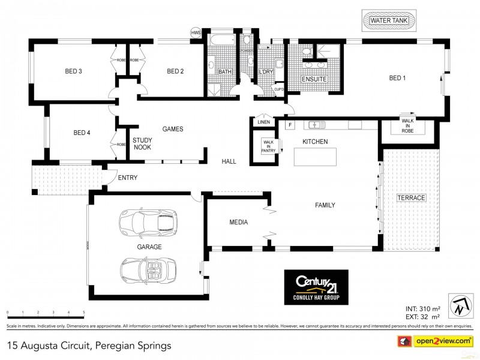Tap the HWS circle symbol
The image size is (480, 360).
pos(196,33)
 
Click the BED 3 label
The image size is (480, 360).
pos(73,72)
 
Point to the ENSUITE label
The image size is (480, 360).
pos(314,79)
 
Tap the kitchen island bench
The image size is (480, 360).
pos(315,157)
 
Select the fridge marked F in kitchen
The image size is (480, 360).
pos(290,125)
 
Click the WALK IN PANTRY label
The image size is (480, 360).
pos(268,146)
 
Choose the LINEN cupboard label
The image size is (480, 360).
pos(263,122)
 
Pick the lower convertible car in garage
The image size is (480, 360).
pos(148,269)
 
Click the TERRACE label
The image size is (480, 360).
pos(411,198)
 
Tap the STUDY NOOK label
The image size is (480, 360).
pos(142,143)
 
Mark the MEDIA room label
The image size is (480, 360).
pos(238,223)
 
